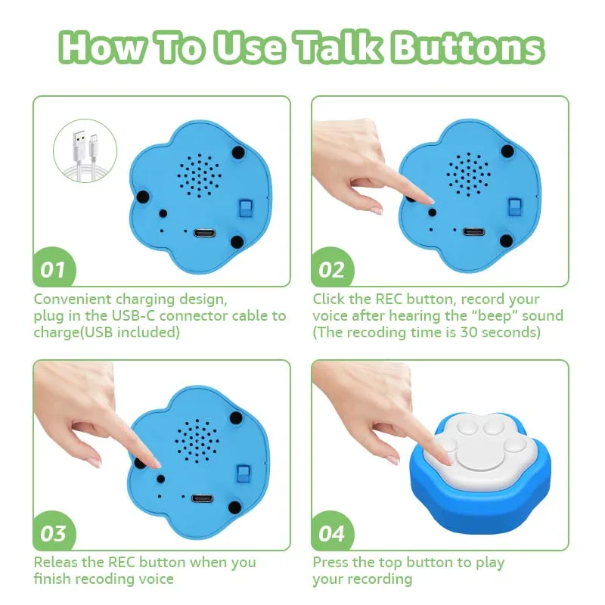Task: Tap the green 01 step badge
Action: (55, 269)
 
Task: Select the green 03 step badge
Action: (55, 534)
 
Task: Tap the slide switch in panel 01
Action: (244, 209)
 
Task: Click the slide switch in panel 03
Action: (244, 474)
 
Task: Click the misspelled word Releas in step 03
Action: (57, 563)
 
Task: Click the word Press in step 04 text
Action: (333, 563)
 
